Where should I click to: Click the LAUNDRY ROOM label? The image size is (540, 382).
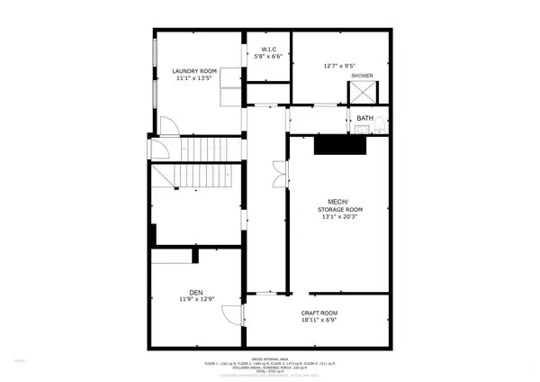click(x=195, y=69)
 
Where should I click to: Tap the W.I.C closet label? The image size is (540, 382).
click(x=268, y=49)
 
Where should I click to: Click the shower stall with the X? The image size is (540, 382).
click(x=364, y=92)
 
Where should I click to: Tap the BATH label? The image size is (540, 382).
click(x=364, y=118)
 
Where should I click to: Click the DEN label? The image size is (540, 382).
click(x=196, y=290)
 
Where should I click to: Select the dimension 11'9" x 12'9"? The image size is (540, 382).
click(x=196, y=298)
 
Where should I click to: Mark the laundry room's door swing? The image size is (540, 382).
click(x=168, y=126)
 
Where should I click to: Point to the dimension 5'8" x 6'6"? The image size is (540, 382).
click(x=268, y=57)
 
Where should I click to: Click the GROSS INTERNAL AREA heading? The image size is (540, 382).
click(x=270, y=359)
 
